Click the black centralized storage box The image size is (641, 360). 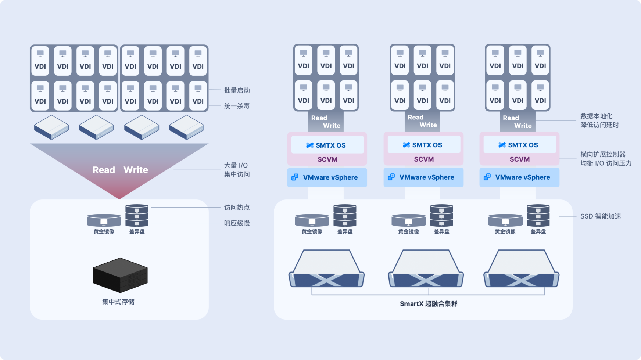(120, 275)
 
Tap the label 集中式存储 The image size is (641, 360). (118, 302)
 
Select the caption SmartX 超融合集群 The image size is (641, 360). (429, 304)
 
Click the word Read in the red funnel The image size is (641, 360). (104, 170)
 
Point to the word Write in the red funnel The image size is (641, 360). (136, 170)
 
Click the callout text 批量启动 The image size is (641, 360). (237, 90)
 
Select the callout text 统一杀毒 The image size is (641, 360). (237, 106)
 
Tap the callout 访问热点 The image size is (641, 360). (237, 208)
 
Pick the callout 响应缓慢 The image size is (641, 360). (237, 223)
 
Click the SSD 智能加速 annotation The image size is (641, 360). (600, 216)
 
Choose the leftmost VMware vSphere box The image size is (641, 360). (327, 177)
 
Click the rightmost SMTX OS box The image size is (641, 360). (519, 145)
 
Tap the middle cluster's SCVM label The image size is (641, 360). (424, 159)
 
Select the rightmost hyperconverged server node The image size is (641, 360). (521, 270)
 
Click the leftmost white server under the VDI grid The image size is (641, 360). (51, 127)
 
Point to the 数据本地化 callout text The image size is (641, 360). (596, 116)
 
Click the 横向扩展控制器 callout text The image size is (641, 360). (603, 155)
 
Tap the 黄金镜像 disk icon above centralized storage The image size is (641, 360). (104, 220)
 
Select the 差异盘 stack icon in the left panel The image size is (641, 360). (137, 216)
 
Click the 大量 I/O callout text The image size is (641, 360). (236, 166)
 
